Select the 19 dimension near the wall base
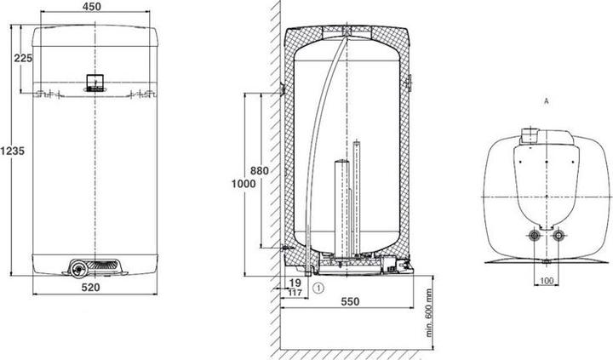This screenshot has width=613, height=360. [295, 282]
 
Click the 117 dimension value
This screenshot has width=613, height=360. [295, 293]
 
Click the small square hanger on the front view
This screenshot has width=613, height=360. [92, 82]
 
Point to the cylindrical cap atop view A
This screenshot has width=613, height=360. [530, 134]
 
